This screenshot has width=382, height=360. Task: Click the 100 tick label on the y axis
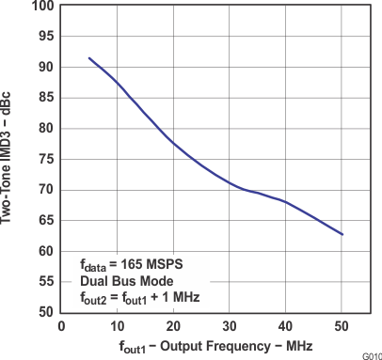(x=41, y=7)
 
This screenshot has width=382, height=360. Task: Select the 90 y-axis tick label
(x=44, y=68)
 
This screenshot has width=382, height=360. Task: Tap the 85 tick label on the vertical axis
(x=44, y=98)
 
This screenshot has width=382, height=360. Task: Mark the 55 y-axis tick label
(x=44, y=281)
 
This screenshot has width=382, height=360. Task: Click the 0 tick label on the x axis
(x=61, y=325)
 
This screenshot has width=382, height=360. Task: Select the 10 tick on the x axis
(x=117, y=325)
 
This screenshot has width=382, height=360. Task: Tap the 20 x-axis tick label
(x=173, y=325)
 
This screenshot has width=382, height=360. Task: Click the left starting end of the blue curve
(x=89, y=58)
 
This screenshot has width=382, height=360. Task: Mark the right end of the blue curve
(x=342, y=235)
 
